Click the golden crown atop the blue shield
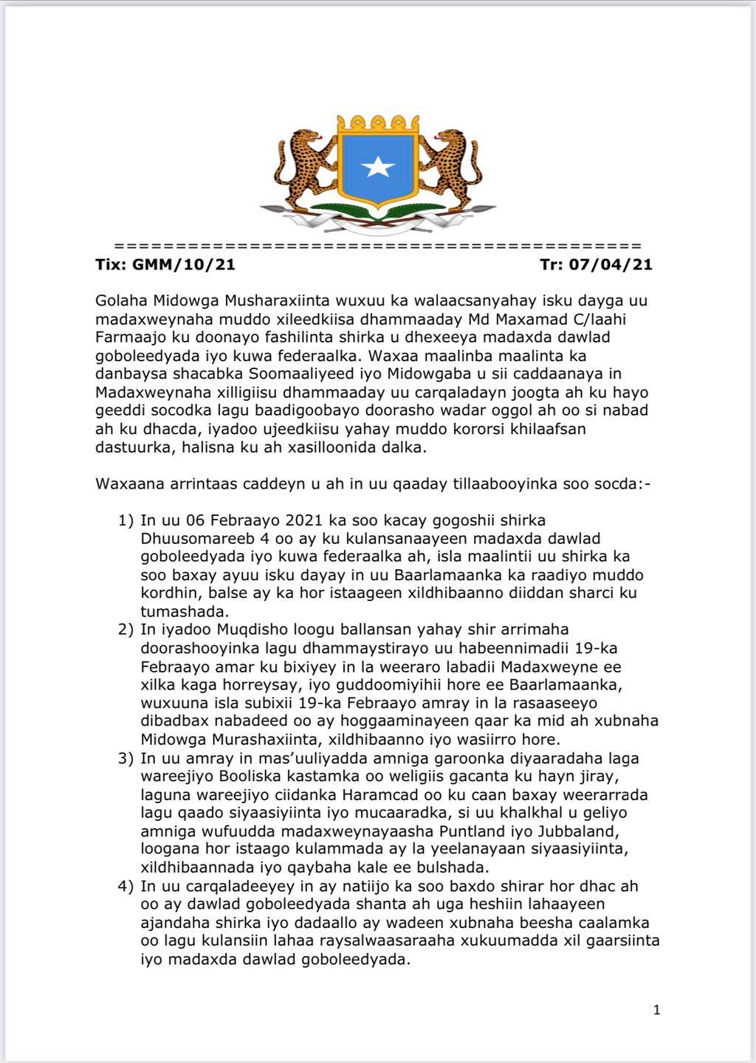point(378,123)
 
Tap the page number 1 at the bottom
point(656,1010)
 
